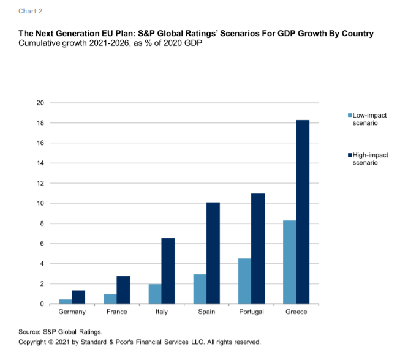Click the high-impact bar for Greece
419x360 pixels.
click(x=303, y=212)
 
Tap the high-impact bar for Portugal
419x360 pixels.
click(x=258, y=249)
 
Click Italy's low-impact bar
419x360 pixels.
click(x=154, y=294)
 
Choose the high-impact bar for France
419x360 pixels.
click(x=124, y=290)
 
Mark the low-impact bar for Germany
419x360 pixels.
click(x=65, y=301)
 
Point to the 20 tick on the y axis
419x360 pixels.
click(x=40, y=103)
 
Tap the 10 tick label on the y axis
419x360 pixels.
click(x=40, y=203)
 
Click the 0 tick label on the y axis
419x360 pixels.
click(x=42, y=304)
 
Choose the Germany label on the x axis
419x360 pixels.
click(x=72, y=312)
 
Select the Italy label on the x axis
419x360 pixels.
click(x=161, y=312)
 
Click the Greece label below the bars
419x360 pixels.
click(x=296, y=312)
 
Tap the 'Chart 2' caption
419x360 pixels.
click(x=31, y=11)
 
